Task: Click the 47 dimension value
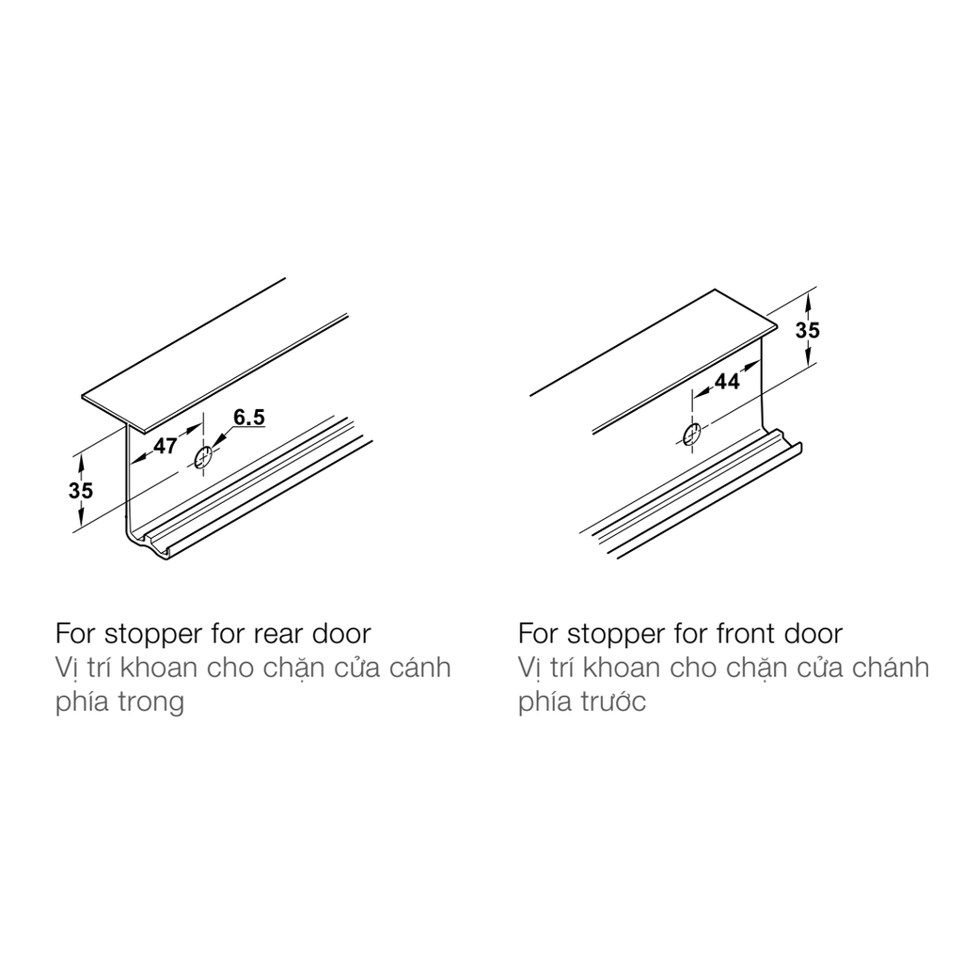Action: coord(166,446)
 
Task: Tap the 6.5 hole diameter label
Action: coord(249,418)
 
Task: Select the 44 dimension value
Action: coord(727,382)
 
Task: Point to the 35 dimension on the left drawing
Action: coord(81,491)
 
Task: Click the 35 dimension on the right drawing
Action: coord(808,330)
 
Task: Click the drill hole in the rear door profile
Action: coord(203,458)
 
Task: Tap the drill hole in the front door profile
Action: coord(692,434)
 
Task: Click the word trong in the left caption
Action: coord(151,702)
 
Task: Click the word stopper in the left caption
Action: coord(153,635)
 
